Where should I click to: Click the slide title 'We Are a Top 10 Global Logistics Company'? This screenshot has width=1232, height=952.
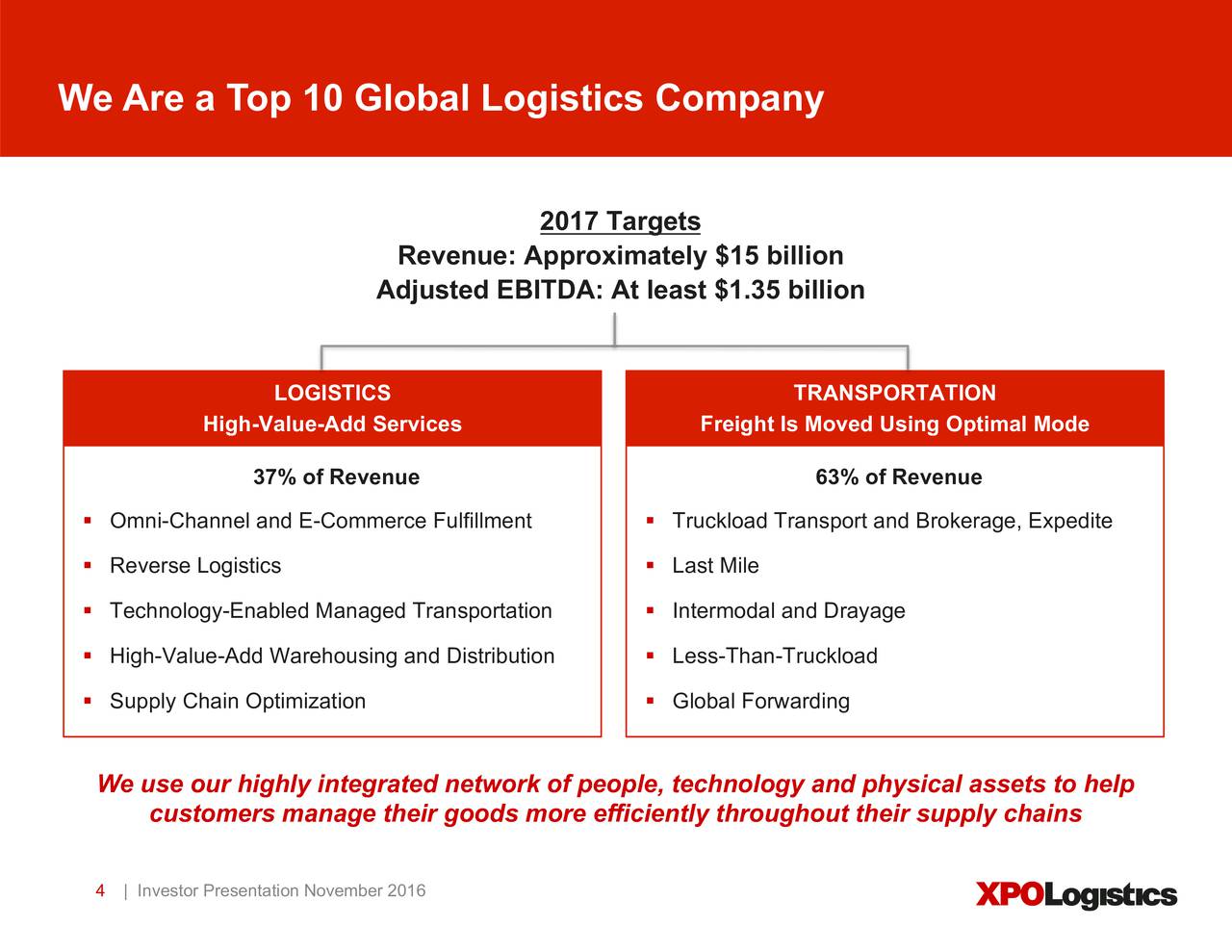pyautogui.click(x=441, y=98)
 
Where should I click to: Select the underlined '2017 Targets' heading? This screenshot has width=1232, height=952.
pyautogui.click(x=620, y=221)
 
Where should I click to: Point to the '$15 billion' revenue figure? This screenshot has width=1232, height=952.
pyautogui.click(x=779, y=256)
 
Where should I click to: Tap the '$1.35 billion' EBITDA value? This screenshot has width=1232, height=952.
pyautogui.click(x=789, y=290)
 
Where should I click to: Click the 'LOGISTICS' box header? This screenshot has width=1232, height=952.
pyautogui.click(x=332, y=393)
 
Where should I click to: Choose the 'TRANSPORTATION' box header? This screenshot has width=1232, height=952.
pyautogui.click(x=894, y=393)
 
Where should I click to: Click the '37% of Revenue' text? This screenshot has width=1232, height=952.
pyautogui.click(x=336, y=477)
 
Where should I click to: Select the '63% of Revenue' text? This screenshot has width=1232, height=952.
pyautogui.click(x=898, y=477)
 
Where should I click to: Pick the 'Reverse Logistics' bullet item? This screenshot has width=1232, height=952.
pyautogui.click(x=195, y=566)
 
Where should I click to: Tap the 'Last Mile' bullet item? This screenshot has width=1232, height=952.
pyautogui.click(x=715, y=566)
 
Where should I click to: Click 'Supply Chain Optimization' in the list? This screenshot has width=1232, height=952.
pyautogui.click(x=238, y=701)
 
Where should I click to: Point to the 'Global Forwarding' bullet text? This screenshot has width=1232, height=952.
pyautogui.click(x=760, y=701)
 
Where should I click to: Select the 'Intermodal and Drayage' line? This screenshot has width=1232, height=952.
pyautogui.click(x=788, y=611)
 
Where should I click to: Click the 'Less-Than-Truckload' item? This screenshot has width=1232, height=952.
pyautogui.click(x=775, y=656)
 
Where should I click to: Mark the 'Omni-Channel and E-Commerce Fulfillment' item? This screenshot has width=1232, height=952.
pyautogui.click(x=321, y=521)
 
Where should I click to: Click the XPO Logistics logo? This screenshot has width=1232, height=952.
pyautogui.click(x=1076, y=895)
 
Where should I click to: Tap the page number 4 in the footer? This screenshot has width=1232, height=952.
pyautogui.click(x=100, y=890)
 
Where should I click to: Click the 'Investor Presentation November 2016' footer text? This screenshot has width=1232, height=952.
pyautogui.click(x=281, y=890)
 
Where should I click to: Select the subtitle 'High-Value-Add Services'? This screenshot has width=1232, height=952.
pyautogui.click(x=332, y=425)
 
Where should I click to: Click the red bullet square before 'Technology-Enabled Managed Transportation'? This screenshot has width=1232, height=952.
pyautogui.click(x=87, y=610)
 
